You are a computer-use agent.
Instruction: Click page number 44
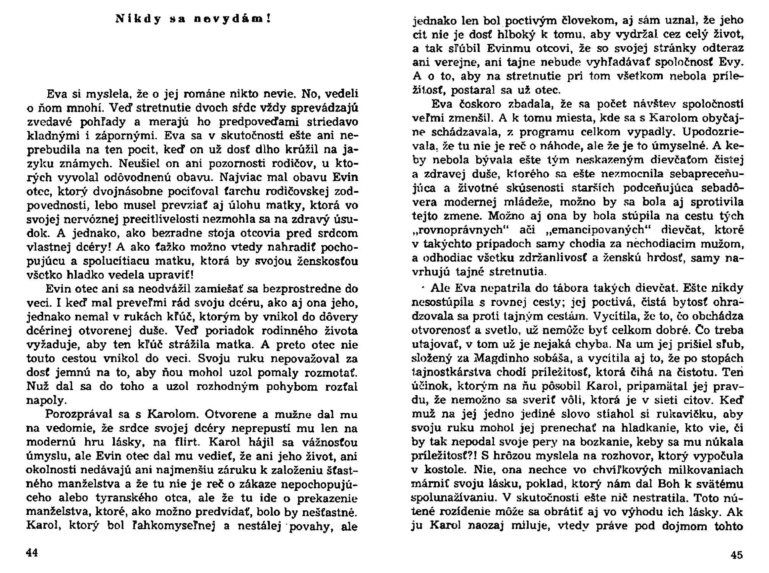32,553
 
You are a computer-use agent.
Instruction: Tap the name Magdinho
498,358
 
